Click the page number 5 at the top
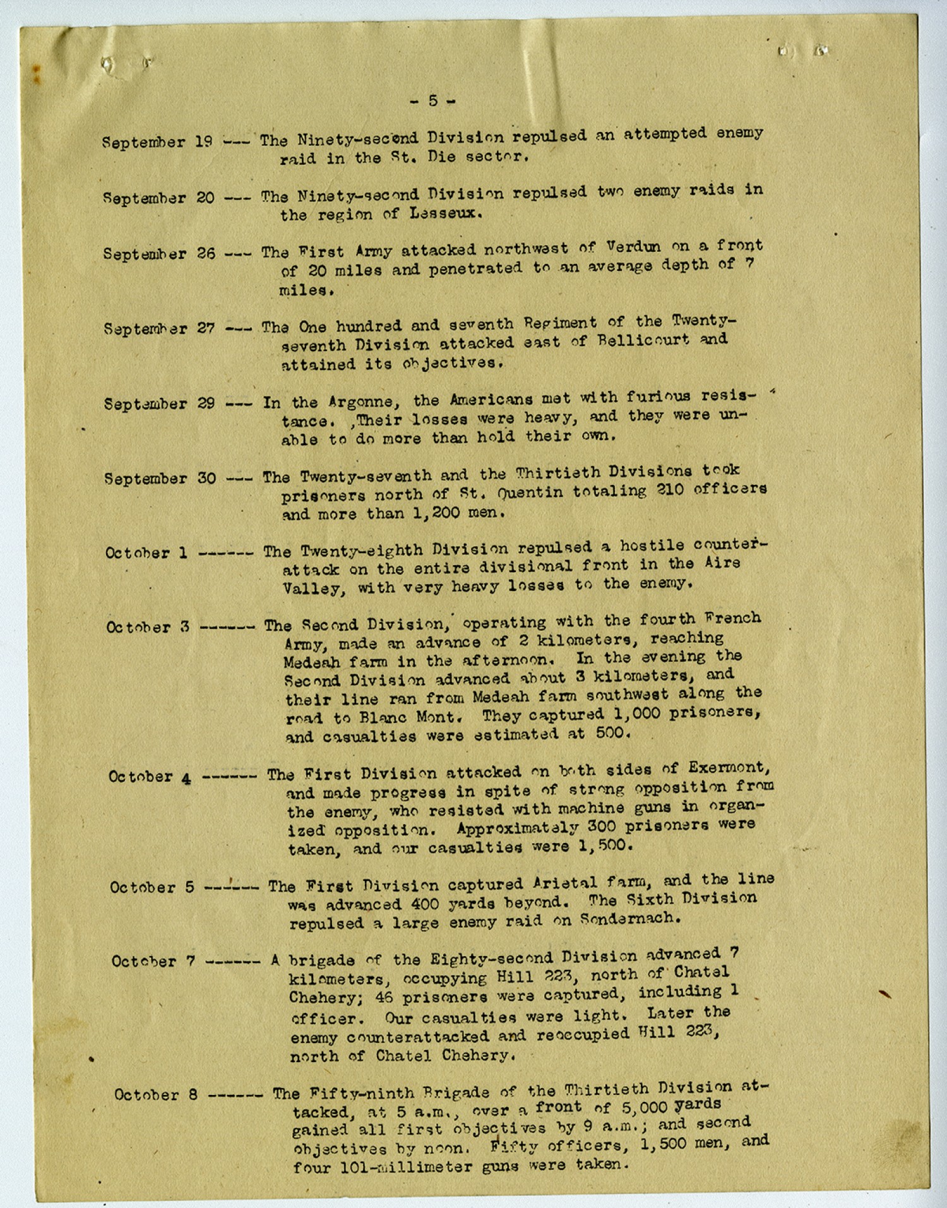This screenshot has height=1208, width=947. coord(432,100)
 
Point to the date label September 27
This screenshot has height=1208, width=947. coord(160,328)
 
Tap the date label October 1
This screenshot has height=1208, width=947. coord(146,553)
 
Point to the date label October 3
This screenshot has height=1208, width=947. coord(148,628)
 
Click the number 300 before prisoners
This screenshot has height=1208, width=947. coord(602,827)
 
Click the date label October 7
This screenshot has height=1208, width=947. coord(153,962)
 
